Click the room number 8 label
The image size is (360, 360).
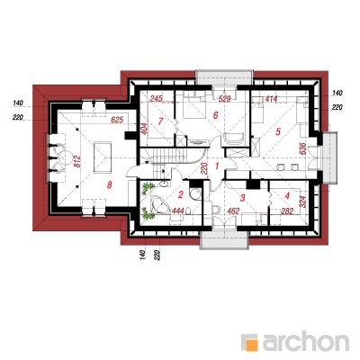coord(109,185)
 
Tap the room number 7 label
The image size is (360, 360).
coord(160,121)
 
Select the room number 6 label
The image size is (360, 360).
coord(215,115)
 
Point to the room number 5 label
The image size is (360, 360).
coord(278,131)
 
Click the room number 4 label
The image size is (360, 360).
coord(287,196)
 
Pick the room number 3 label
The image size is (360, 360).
coord(243,198)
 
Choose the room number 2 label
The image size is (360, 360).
coord(180,195)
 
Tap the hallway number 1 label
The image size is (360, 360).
coord(217,166)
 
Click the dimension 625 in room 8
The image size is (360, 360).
coord(117,121)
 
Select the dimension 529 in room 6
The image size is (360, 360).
coord(224,99)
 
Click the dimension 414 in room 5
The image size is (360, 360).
coord(271,98)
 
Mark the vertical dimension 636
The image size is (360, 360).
coord(302,149)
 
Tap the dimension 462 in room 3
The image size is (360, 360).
coord(233,211)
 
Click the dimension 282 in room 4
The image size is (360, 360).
coord(287,211)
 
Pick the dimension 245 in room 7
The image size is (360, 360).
coord(156,98)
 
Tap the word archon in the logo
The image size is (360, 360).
coord(306,341)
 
